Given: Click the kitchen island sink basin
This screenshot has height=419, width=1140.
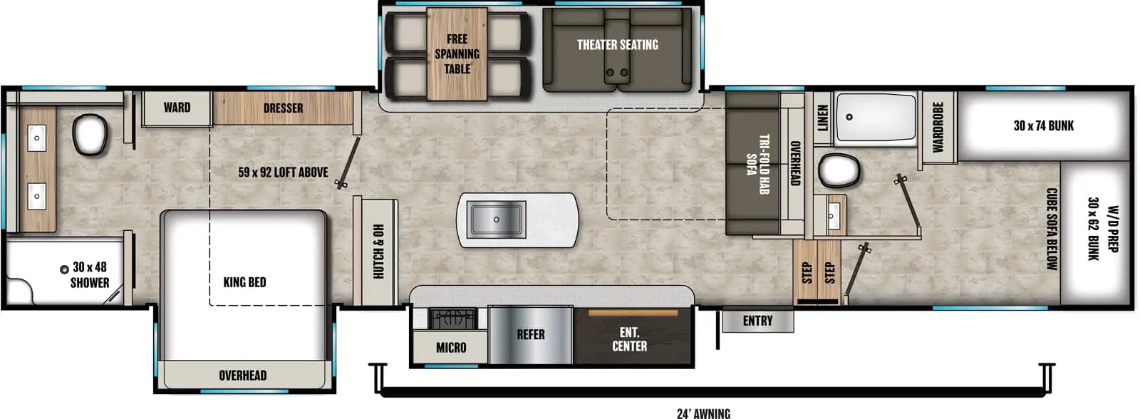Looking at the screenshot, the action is (x=496, y=219).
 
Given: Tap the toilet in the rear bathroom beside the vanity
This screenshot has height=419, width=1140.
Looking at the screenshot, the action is (x=90, y=135).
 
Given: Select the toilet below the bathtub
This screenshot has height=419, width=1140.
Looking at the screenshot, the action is (x=838, y=170).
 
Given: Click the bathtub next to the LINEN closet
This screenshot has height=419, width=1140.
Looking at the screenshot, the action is (x=876, y=117).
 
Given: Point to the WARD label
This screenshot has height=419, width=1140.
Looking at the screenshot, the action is (x=177, y=108).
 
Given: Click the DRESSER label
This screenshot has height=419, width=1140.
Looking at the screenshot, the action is (x=283, y=108).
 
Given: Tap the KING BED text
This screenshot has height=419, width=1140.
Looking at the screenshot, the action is (x=244, y=282).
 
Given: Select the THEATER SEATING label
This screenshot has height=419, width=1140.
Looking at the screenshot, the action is (x=617, y=45).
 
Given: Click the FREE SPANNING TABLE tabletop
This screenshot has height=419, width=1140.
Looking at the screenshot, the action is (x=457, y=54).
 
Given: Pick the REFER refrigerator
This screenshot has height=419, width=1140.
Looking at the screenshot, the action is (x=531, y=335).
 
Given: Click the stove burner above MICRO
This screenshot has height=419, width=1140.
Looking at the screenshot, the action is (x=453, y=319).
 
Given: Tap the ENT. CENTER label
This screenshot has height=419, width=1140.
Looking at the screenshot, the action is (x=630, y=339).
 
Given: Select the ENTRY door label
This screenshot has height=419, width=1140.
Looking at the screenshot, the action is (x=757, y=321).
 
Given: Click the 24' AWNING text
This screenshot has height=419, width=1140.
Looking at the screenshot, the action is (x=703, y=413).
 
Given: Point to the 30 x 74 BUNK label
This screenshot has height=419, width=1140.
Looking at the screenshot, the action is (x=1043, y=125).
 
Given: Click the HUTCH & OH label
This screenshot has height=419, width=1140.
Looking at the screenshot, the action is (x=378, y=252).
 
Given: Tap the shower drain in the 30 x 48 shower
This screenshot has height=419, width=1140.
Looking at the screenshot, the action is (x=64, y=269).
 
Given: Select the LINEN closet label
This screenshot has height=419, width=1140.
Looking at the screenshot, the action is (x=822, y=118).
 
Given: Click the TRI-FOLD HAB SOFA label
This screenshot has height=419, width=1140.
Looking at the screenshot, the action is (x=757, y=164).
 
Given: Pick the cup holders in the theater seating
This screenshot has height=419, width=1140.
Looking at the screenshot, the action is (x=616, y=72).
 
